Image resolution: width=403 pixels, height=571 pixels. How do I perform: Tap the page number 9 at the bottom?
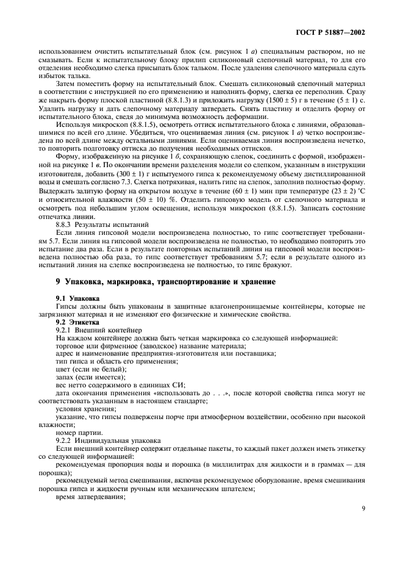click(x=363, y=505)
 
